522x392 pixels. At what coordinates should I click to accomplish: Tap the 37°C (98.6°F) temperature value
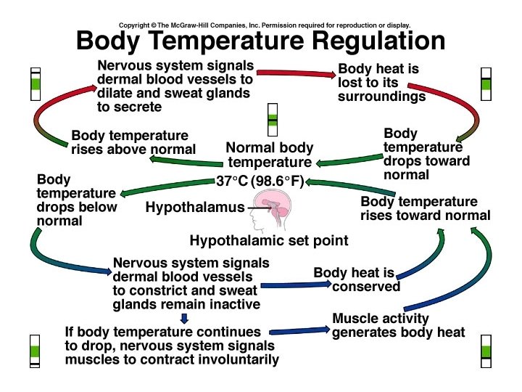(260, 181)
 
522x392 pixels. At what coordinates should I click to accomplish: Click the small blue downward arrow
(184, 317)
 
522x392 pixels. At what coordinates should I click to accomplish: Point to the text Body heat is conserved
(357, 279)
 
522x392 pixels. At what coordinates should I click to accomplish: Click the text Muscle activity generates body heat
(398, 325)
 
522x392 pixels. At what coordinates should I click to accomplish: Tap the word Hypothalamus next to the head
(195, 208)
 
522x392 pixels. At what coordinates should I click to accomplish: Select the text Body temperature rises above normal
(133, 142)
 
